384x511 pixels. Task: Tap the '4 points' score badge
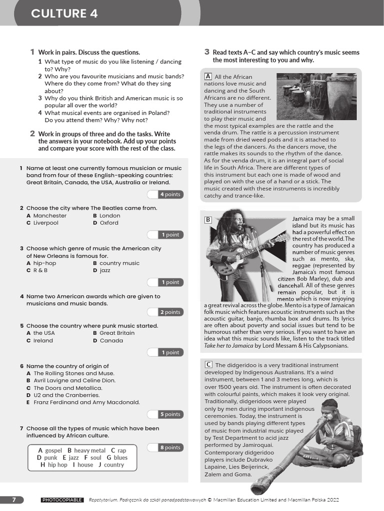coord(170,194)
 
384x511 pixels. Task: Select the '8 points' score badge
coord(170,448)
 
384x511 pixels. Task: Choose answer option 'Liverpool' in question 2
coord(45,223)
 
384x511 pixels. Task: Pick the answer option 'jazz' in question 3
coord(104,270)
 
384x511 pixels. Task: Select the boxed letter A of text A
coord(208,76)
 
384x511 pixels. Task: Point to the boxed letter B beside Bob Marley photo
coord(208,220)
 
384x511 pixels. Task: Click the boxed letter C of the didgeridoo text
coord(208,364)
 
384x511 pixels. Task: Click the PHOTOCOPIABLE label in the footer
coord(62,500)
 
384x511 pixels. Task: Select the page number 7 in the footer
coord(14,500)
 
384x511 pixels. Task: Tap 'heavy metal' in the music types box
coord(89,451)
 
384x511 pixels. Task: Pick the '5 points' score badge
coord(170,414)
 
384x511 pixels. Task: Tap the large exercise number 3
coord(206,52)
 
